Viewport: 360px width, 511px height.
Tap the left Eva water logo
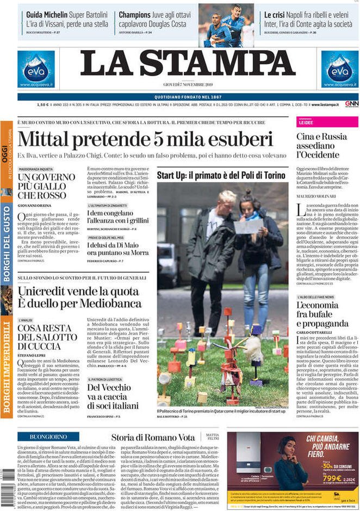(x=36, y=69)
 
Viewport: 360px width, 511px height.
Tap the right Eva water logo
(x=339, y=69)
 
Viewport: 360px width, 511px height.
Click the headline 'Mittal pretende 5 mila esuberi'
(x=145, y=139)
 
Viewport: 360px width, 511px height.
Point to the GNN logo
(x=351, y=104)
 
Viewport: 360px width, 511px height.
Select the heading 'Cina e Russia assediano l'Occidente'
(x=322, y=145)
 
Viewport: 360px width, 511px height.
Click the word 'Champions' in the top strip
(x=135, y=15)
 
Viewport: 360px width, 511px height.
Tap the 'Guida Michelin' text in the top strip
(x=47, y=15)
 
